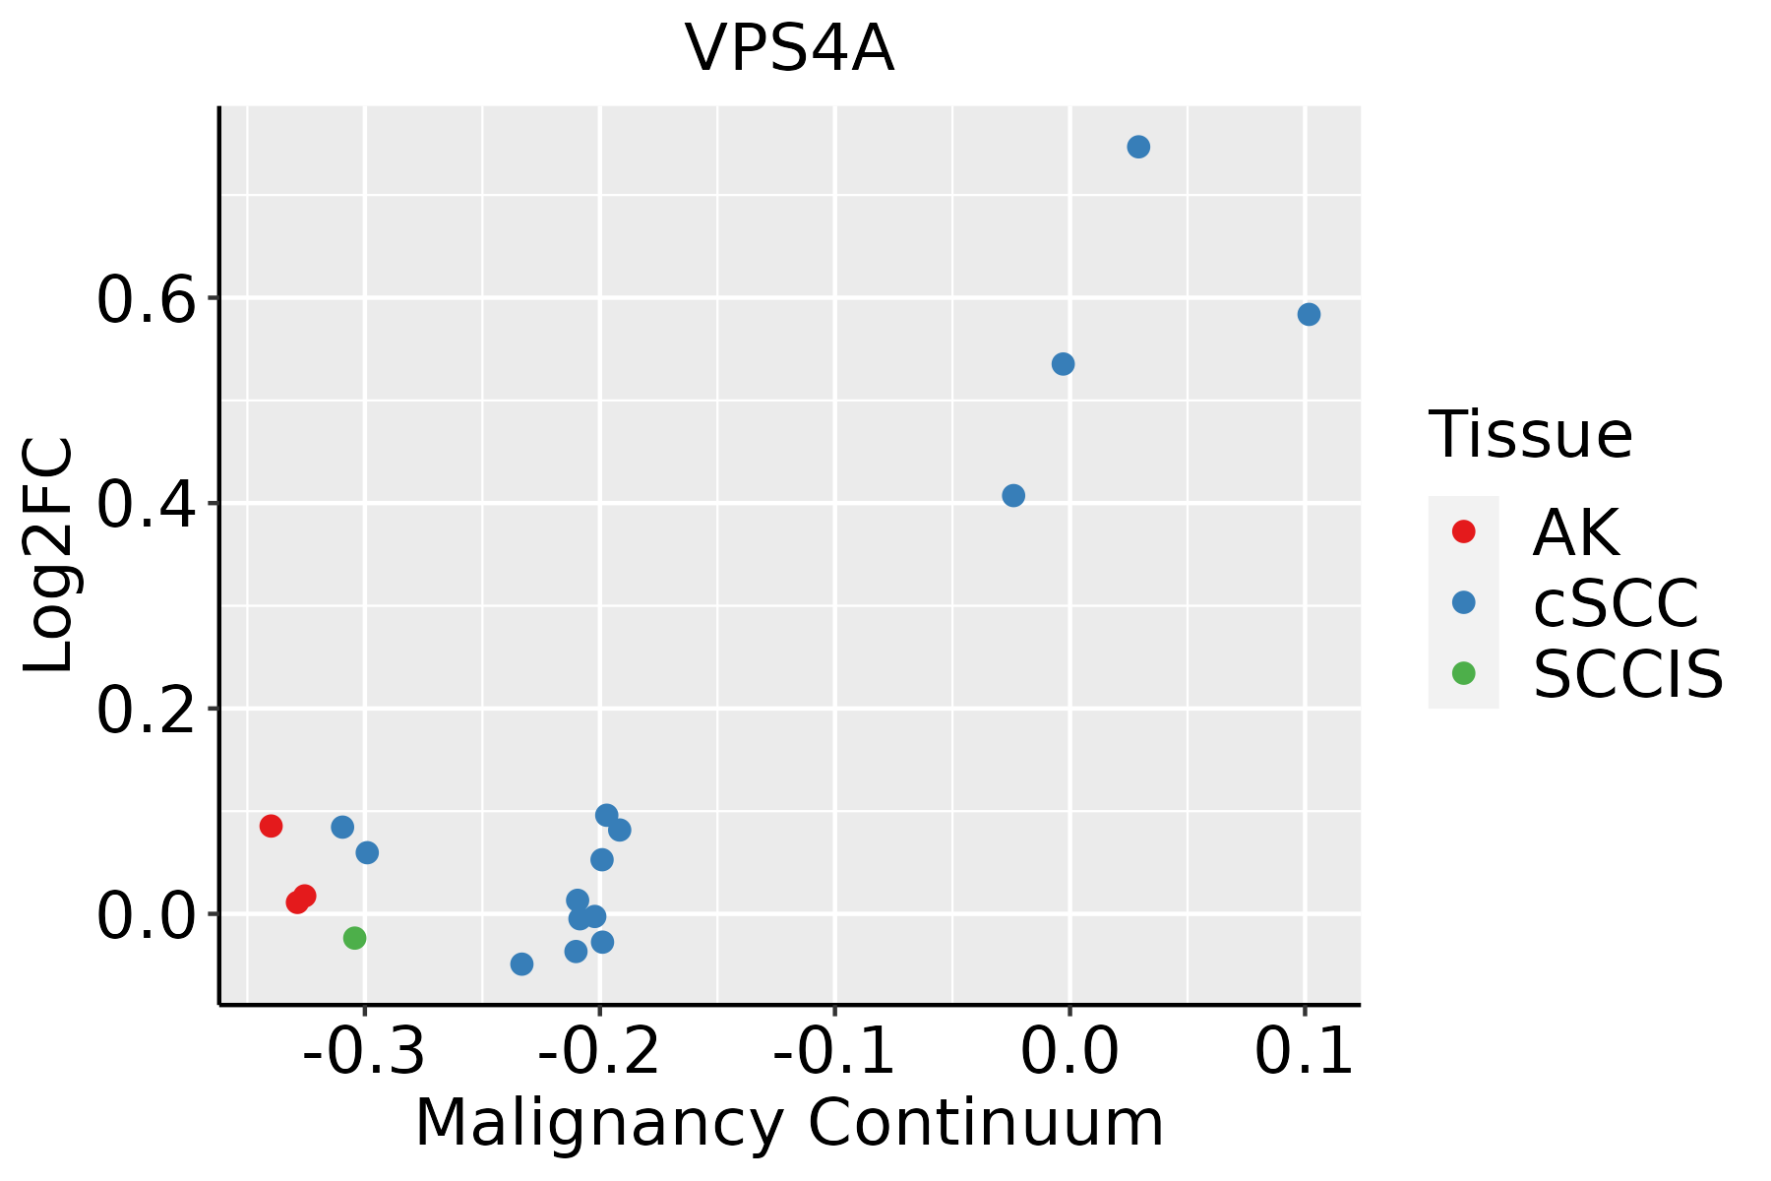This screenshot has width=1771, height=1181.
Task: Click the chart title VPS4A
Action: click(x=789, y=49)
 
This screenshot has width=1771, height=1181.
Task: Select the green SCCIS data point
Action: click(x=354, y=938)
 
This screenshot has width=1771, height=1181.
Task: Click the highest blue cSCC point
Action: click(x=1138, y=148)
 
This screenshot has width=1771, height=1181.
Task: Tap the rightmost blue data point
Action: click(x=1309, y=315)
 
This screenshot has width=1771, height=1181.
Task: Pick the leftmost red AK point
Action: click(x=271, y=826)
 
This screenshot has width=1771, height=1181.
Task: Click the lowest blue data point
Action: click(x=521, y=963)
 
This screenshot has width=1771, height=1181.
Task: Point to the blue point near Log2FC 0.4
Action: click(x=1013, y=495)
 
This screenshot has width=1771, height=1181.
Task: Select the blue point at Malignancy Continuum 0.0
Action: click(x=1063, y=364)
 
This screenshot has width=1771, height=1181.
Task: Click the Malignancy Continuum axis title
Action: click(x=789, y=1124)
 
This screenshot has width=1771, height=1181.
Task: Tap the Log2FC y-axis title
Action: click(x=49, y=556)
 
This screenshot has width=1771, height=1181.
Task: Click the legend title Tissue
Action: click(x=1531, y=435)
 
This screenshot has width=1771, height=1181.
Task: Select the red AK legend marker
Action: click(x=1463, y=531)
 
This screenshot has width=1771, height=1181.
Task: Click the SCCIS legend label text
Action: click(x=1628, y=675)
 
